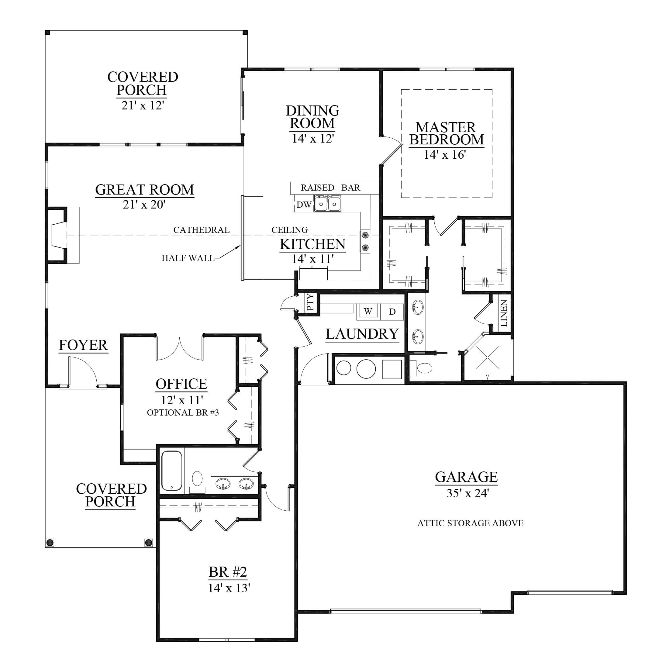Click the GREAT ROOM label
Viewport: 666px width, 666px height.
point(144,190)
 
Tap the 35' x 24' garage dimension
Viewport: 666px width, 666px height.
point(468,493)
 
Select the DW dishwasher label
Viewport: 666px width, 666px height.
point(304,205)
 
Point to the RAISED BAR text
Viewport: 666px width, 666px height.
point(330,188)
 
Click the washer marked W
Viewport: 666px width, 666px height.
point(368,311)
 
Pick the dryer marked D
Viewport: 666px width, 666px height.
point(392,312)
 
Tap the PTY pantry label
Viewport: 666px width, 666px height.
point(310,302)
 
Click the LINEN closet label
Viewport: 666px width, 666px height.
point(503,313)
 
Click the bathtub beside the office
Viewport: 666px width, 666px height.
point(171,471)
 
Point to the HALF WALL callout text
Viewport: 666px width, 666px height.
point(188,258)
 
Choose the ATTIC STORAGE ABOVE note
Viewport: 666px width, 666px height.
point(470,523)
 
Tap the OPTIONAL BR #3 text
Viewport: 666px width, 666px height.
point(183,412)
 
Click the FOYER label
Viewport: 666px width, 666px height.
point(83,345)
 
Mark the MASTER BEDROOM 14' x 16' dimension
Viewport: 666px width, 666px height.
point(445,155)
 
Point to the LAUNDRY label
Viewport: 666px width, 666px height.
point(362,334)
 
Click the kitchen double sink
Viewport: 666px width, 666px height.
point(327,203)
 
